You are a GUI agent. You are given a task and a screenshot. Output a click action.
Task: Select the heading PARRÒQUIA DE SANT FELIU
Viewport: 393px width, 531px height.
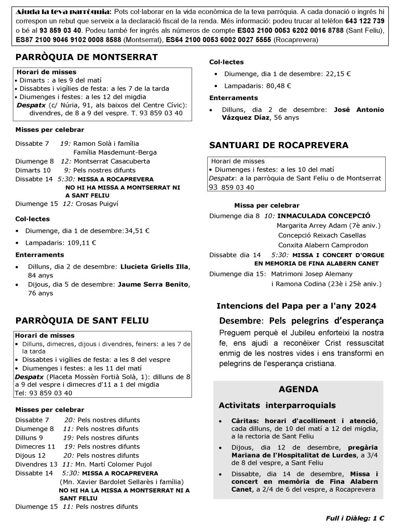82,320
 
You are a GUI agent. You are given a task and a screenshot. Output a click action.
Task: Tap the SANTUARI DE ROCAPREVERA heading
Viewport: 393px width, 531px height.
278,145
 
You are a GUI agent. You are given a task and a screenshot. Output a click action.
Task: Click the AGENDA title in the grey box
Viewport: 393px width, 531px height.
298,389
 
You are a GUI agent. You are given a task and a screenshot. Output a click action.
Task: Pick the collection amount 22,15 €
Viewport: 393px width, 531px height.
338,74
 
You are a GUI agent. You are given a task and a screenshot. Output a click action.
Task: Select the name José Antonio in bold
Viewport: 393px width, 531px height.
358,109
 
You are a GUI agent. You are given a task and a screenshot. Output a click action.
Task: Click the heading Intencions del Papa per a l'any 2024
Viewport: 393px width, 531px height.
296,306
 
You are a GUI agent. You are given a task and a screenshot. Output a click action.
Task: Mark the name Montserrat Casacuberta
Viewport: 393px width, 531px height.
112,161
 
